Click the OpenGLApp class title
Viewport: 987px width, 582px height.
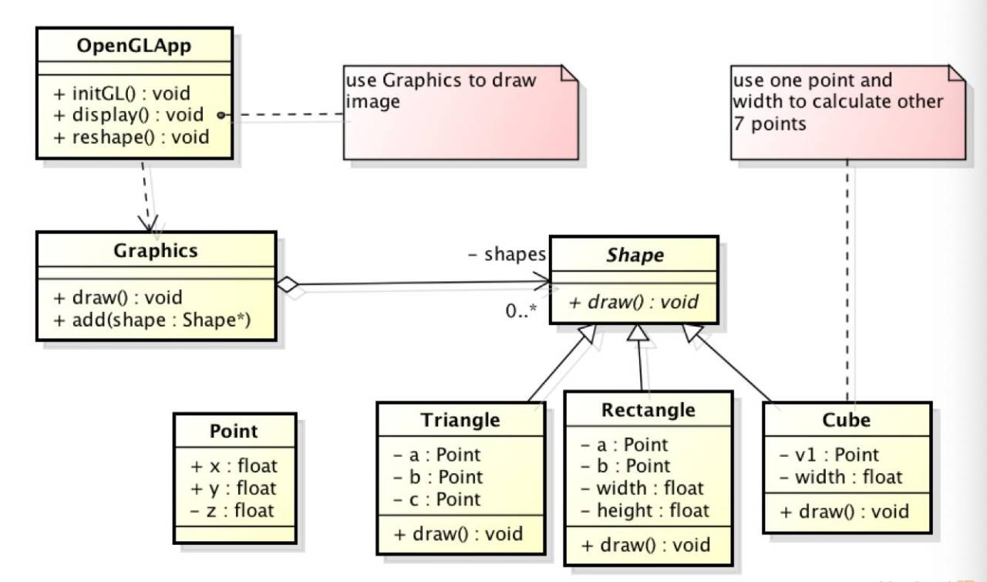pyautogui.click(x=134, y=46)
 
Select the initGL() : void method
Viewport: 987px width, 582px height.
pyautogui.click(x=122, y=93)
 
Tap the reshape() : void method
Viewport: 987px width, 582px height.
pyautogui.click(x=131, y=137)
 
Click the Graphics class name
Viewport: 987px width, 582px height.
pyautogui.click(x=156, y=250)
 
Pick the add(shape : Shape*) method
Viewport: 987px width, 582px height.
pyautogui.click(x=152, y=320)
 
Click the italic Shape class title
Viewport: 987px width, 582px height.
pyautogui.click(x=635, y=255)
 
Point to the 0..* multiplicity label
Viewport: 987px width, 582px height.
pyautogui.click(x=521, y=311)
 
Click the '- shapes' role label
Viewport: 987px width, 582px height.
pyautogui.click(x=507, y=255)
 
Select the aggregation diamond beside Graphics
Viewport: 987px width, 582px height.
pyautogui.click(x=288, y=284)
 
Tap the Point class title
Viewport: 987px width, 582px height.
pyautogui.click(x=234, y=431)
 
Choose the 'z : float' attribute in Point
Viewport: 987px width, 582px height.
pyautogui.click(x=232, y=511)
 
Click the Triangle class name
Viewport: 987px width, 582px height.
pyautogui.click(x=460, y=420)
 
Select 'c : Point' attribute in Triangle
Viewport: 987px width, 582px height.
pyautogui.click(x=437, y=499)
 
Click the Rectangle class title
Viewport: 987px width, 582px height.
pyautogui.click(x=648, y=411)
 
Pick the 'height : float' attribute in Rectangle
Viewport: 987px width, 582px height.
pyautogui.click(x=645, y=510)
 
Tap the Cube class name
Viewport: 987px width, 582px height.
pyautogui.click(x=847, y=420)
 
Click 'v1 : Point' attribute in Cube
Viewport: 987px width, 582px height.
pyautogui.click(x=829, y=455)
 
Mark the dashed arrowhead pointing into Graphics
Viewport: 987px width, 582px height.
pyautogui.click(x=149, y=224)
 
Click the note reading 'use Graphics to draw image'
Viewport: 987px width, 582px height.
pyautogui.click(x=460, y=113)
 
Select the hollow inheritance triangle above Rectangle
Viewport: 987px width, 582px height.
pyautogui.click(x=638, y=333)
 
